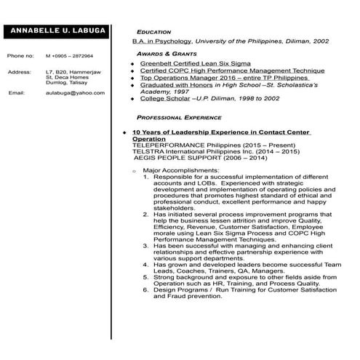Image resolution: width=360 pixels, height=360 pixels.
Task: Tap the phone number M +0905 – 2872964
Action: click(69, 56)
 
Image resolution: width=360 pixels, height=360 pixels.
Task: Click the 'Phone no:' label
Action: click(20, 56)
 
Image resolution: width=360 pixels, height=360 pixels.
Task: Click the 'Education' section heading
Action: click(153, 32)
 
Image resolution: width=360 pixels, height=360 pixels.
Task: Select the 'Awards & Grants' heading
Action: click(167, 54)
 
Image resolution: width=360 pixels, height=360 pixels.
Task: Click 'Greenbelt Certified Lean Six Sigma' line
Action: click(195, 64)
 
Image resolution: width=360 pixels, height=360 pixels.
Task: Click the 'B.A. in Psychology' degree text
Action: click(161, 42)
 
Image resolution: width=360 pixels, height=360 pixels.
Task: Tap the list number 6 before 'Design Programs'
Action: click(145, 289)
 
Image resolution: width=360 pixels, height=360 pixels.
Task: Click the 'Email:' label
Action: click(17, 94)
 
